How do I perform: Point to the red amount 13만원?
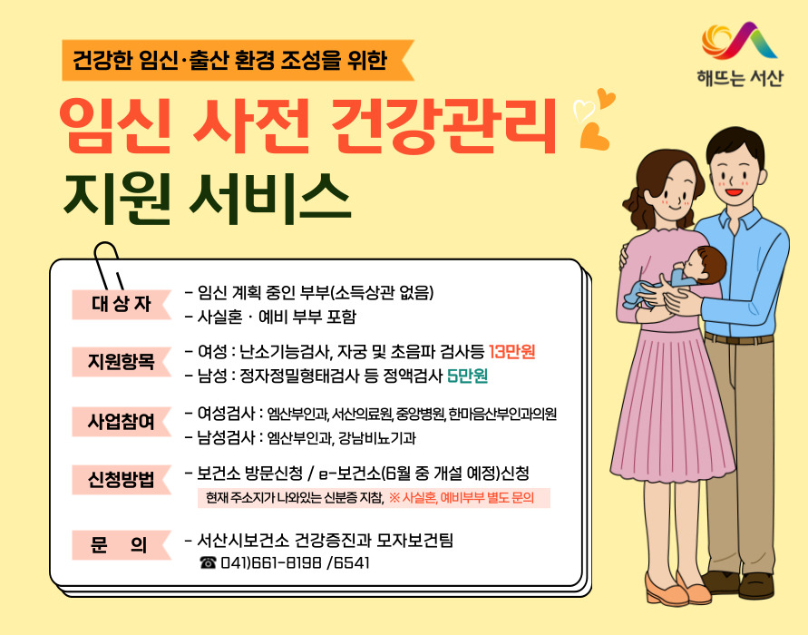coord(518,352)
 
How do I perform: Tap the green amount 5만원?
coord(468,375)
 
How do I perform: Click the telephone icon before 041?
coord(208,563)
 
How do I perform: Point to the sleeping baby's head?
coord(706,262)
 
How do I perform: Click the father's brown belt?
coord(739,339)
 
